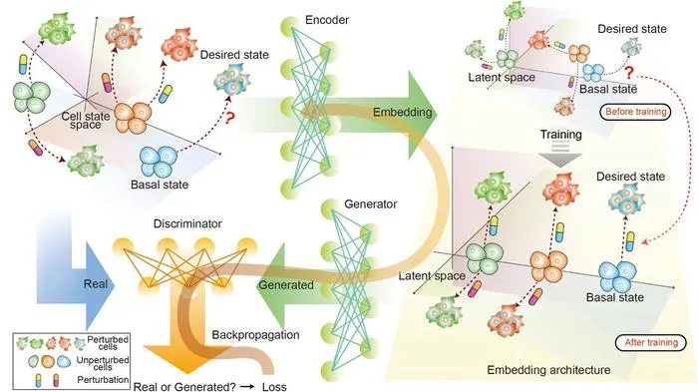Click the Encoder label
coord(327,20)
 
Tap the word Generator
coord(370,204)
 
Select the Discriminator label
coord(187,223)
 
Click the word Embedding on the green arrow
coord(403,112)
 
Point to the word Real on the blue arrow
coord(96,284)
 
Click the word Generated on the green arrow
coord(286,284)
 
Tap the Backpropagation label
coord(255,335)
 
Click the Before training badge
coord(636,112)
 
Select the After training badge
coord(651,342)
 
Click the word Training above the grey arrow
coord(560,135)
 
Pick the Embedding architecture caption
coord(548,370)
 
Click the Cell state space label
coord(86,121)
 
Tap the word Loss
coord(274,387)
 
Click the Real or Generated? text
coord(184,387)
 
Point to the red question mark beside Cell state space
coord(229,118)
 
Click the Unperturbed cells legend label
coord(103,363)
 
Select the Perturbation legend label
coord(103,380)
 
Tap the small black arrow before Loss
coord(247,387)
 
